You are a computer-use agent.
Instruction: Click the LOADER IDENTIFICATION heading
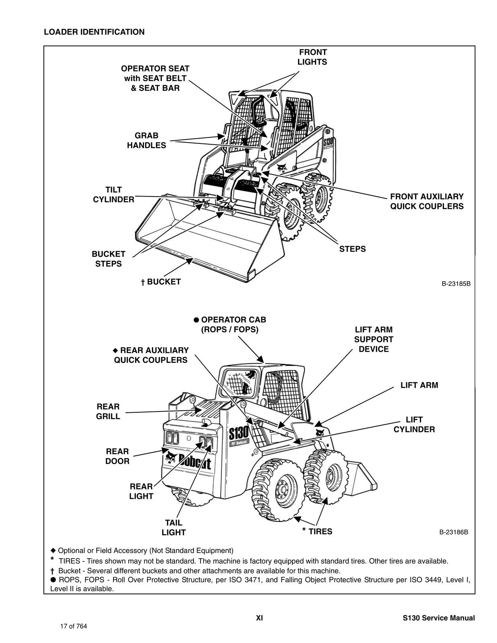(94, 32)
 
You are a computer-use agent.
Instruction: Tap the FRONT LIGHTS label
(312, 57)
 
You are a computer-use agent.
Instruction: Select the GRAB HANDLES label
(146, 141)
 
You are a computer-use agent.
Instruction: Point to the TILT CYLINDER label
(113, 195)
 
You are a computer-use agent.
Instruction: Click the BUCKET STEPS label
(108, 259)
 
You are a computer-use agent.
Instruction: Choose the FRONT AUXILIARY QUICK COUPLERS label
(427, 201)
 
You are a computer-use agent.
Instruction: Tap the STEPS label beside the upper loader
(352, 249)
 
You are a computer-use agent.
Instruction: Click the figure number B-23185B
(456, 284)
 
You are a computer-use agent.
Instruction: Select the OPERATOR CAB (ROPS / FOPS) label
(230, 325)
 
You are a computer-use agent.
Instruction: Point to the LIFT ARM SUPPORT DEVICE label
(374, 340)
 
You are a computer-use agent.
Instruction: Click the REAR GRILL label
(108, 412)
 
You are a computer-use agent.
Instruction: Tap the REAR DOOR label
(117, 456)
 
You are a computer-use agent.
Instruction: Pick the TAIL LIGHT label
(173, 528)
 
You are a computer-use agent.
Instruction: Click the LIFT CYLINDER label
(414, 424)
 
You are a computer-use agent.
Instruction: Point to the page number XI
(259, 618)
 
